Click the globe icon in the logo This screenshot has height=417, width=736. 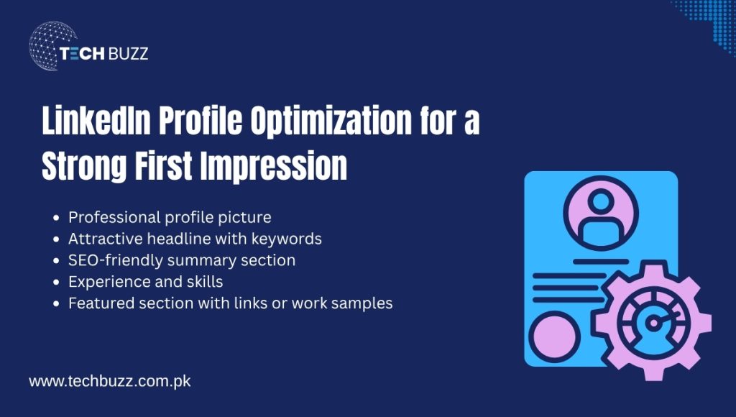[x=52, y=45]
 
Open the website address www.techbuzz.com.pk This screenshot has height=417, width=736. [x=109, y=381]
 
